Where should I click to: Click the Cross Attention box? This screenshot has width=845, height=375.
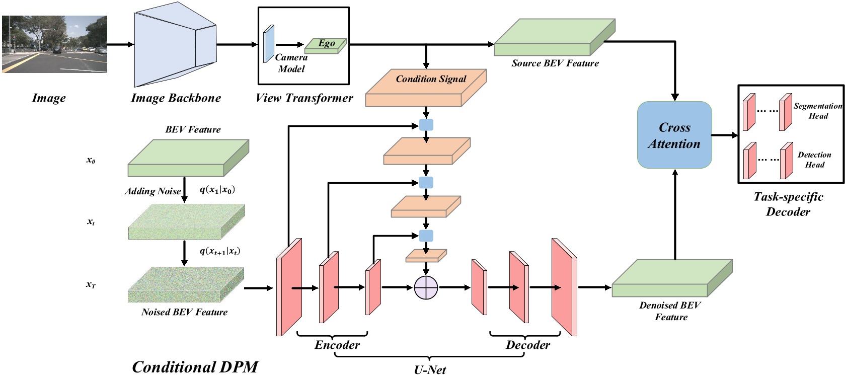tap(674, 135)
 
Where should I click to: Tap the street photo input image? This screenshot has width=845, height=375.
tap(54, 44)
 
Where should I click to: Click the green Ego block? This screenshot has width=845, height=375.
tap(326, 45)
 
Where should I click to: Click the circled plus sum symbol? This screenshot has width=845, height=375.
tap(426, 287)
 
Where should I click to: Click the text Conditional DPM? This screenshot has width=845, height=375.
tap(195, 366)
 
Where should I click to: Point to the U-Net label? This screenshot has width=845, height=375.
tap(430, 370)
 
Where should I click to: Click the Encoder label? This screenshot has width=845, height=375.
tap(337, 345)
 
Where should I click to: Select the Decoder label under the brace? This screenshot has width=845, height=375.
tap(527, 345)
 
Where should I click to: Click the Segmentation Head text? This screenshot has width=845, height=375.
tap(817, 111)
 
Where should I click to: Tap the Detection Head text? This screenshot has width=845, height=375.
tap(814, 160)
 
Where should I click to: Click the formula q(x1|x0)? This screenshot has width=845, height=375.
tap(217, 189)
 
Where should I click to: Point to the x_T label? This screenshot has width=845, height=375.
tap(91, 284)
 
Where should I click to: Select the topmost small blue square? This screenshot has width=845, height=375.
tap(426, 125)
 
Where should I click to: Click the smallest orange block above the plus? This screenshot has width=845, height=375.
tap(426, 255)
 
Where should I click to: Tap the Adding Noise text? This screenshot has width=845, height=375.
tap(152, 191)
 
